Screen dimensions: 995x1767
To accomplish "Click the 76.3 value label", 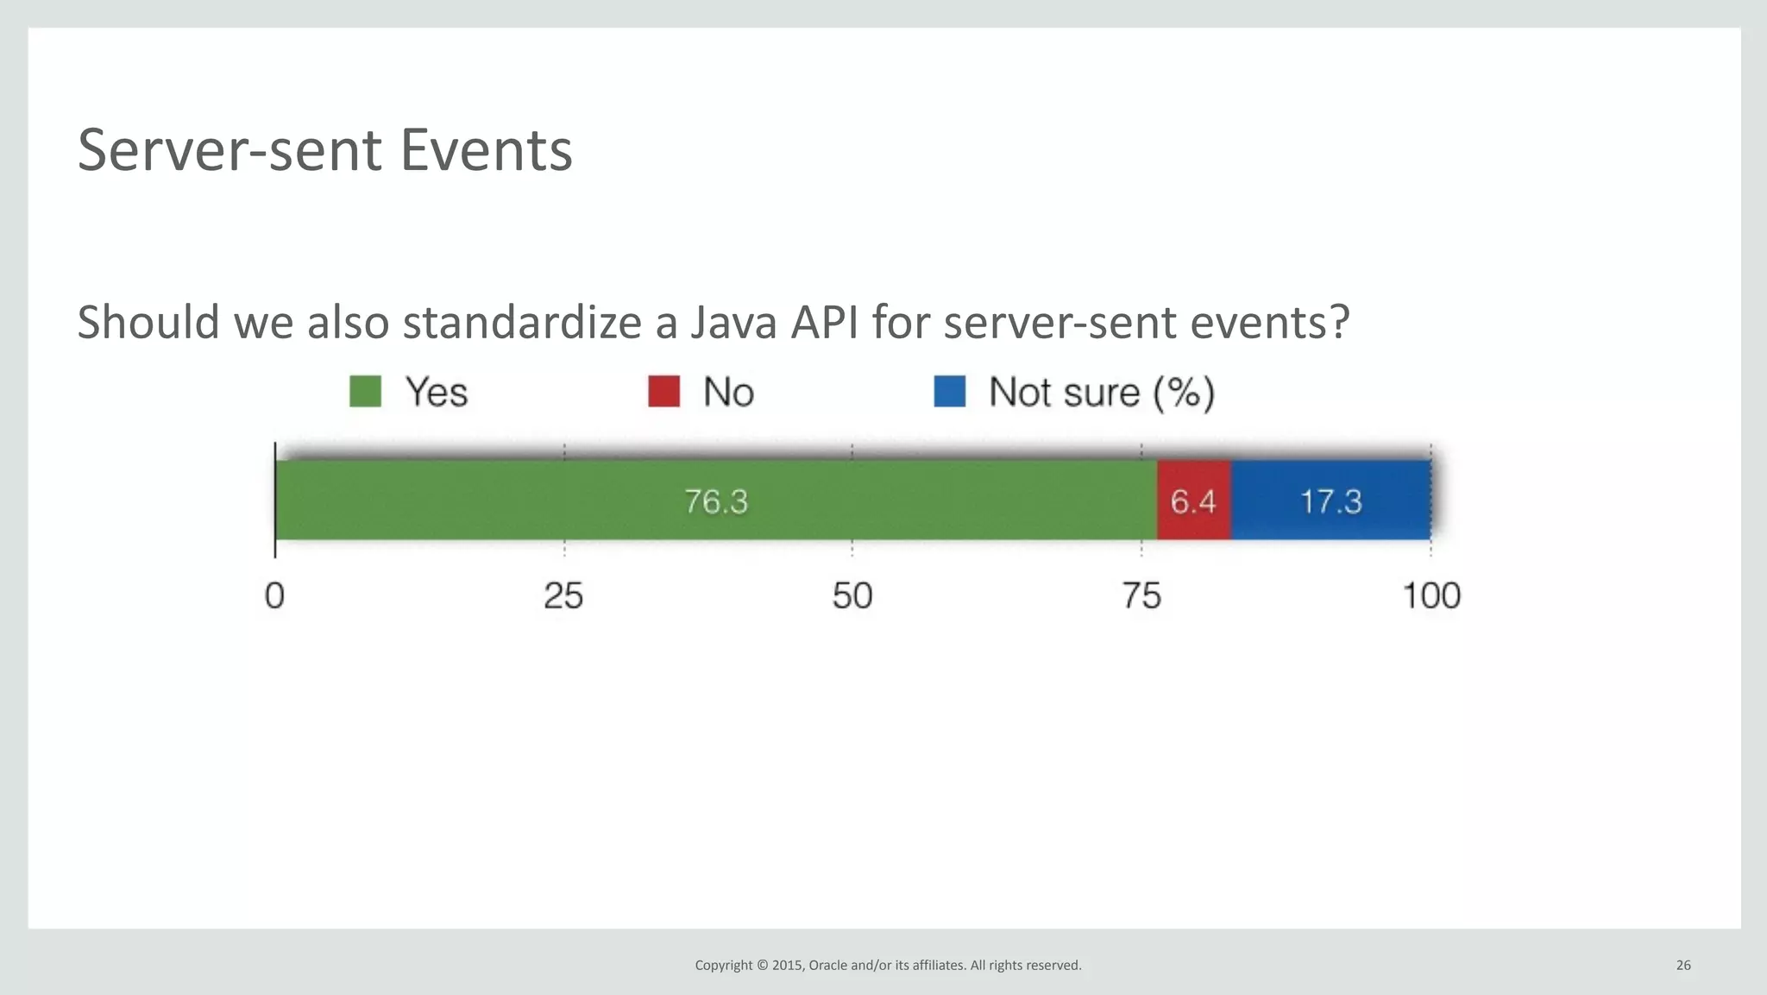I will tap(716, 501).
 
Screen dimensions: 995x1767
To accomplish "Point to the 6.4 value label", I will tap(1193, 501).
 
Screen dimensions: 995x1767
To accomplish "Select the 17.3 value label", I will tap(1330, 501).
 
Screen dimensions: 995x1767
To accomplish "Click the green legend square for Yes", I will tap(365, 392).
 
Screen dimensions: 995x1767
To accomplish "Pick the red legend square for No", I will tap(663, 392).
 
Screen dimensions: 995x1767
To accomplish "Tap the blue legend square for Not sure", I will tap(949, 392).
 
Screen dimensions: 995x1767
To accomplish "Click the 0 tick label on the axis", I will tap(274, 596).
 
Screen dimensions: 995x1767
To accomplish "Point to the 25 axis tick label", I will tap(563, 596).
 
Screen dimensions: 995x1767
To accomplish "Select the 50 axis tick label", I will tap(852, 596).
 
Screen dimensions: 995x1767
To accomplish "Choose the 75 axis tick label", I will tap(1141, 596).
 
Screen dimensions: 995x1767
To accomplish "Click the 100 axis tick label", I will tap(1431, 596).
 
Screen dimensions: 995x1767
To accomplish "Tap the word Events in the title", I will tap(486, 151).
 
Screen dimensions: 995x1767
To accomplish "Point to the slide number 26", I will tap(1683, 965).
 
